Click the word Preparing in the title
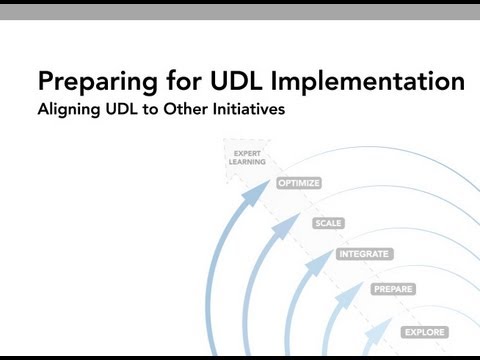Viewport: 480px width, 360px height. pyautogui.click(x=94, y=81)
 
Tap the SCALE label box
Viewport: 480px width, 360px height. pyautogui.click(x=328, y=223)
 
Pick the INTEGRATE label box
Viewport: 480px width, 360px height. pyautogui.click(x=363, y=254)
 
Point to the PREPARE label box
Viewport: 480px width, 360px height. pyautogui.click(x=392, y=289)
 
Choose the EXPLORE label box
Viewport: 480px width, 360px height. pyautogui.click(x=424, y=331)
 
